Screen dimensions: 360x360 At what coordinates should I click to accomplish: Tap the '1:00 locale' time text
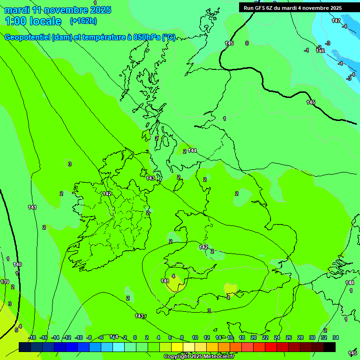click(x=33, y=21)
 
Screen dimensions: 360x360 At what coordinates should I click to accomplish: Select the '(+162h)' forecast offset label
click(x=83, y=21)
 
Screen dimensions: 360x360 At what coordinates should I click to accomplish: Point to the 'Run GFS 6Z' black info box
click(x=292, y=8)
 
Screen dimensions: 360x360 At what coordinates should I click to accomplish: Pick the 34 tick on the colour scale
click(x=335, y=337)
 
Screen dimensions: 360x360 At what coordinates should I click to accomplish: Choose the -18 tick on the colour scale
click(x=32, y=337)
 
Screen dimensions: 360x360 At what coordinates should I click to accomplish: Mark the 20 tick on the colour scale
click(x=253, y=337)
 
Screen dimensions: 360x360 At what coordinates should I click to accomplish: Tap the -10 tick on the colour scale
click(x=79, y=337)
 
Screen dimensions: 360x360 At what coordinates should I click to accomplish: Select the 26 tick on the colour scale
click(x=288, y=337)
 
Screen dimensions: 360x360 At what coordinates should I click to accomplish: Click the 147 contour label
click(x=336, y=21)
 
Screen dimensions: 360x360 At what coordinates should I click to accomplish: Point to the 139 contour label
click(x=5, y=282)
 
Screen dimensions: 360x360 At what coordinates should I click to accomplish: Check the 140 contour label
click(x=17, y=265)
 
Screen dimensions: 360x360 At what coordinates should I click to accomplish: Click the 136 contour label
click(x=320, y=51)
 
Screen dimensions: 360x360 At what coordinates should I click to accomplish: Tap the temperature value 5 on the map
click(x=16, y=330)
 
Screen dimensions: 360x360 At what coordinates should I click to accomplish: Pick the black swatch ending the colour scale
click(x=330, y=347)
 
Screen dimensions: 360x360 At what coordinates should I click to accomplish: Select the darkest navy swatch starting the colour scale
click(x=25, y=347)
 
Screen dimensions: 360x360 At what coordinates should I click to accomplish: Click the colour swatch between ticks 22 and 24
click(x=271, y=347)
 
